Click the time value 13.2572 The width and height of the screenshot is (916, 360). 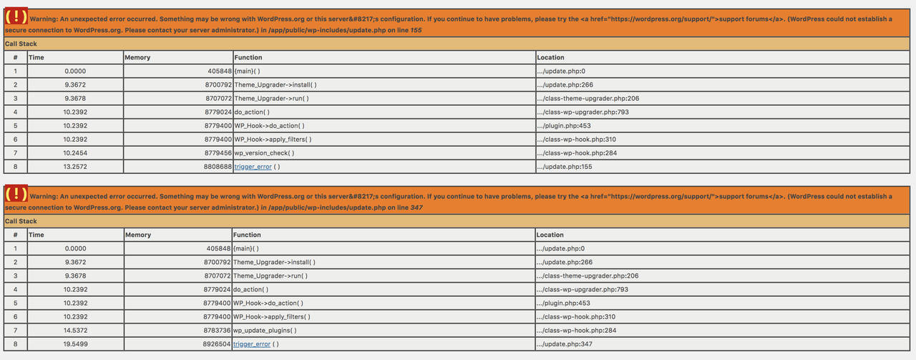[x=75, y=167]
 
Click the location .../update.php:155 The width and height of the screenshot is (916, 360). [x=564, y=167]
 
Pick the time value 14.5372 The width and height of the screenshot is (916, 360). [x=75, y=330]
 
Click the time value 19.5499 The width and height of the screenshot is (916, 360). [x=75, y=344]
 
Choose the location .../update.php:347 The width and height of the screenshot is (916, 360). [x=564, y=344]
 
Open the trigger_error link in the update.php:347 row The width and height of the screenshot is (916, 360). [x=252, y=344]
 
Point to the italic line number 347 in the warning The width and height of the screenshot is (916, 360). [x=417, y=208]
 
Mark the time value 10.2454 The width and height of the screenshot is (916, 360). [x=75, y=153]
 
